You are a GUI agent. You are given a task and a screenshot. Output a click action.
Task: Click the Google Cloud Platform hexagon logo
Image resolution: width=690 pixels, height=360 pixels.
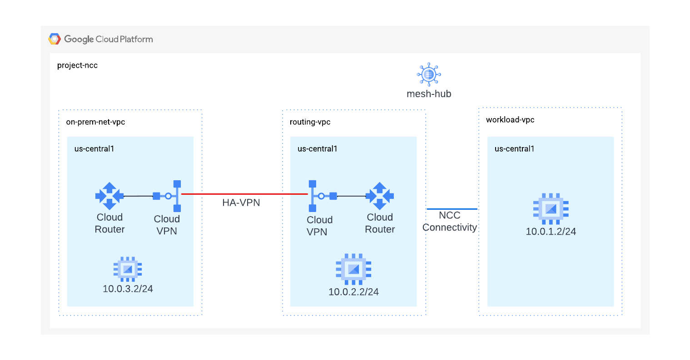[x=55, y=39]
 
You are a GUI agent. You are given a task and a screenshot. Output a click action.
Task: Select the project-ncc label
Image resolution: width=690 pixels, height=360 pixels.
[x=77, y=65]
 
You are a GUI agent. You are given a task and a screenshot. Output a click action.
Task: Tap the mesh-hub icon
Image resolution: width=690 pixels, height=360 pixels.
[x=429, y=74]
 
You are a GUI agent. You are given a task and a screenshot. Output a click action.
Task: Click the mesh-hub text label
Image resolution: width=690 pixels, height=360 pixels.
[x=429, y=94]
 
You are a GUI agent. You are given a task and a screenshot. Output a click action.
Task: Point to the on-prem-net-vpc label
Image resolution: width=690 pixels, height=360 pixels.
[x=95, y=122]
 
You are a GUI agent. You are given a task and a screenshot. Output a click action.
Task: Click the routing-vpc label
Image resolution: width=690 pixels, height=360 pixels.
[x=310, y=122]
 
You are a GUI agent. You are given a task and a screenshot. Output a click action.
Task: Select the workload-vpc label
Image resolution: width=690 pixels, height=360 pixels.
[x=510, y=120]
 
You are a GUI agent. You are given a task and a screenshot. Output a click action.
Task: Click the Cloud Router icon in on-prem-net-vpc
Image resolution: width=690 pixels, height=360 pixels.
[x=109, y=196]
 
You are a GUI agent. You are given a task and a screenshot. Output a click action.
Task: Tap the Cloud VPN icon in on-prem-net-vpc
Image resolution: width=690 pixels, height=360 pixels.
[x=168, y=196]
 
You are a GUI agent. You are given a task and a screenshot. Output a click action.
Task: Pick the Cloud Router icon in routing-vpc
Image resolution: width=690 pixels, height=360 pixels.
[x=380, y=196]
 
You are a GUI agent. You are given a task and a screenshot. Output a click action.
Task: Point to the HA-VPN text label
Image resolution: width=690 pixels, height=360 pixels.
[x=241, y=203]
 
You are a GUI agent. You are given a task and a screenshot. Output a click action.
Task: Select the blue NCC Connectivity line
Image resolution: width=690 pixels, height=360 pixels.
[x=452, y=209]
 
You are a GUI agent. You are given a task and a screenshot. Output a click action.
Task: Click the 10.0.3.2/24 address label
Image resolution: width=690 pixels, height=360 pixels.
[x=128, y=289]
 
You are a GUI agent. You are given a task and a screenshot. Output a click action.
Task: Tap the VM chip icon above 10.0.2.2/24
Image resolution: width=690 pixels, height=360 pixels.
[x=353, y=270]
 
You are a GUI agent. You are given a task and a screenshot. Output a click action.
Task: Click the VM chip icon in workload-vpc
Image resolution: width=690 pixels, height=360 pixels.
[x=551, y=209]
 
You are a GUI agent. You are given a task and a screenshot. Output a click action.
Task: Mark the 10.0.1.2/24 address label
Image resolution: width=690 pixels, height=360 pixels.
[x=551, y=232]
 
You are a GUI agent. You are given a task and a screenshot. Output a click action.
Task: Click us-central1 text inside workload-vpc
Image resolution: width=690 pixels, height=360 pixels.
[x=514, y=149]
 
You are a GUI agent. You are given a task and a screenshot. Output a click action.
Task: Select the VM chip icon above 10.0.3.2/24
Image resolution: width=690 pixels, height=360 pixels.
[x=128, y=269]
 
